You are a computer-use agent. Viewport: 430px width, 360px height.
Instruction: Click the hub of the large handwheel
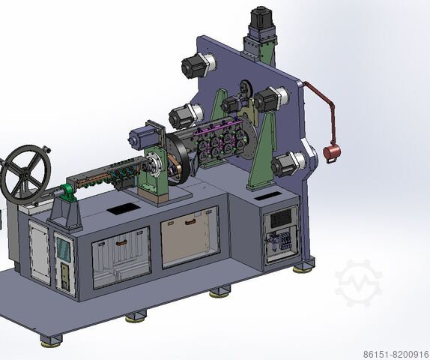[25, 174]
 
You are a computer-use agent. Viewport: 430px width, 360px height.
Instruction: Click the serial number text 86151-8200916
[396, 355]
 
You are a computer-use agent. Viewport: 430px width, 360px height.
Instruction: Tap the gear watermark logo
[358, 283]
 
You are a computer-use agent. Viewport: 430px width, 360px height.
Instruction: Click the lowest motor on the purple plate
[288, 164]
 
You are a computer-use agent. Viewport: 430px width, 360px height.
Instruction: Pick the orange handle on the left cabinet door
[121, 242]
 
